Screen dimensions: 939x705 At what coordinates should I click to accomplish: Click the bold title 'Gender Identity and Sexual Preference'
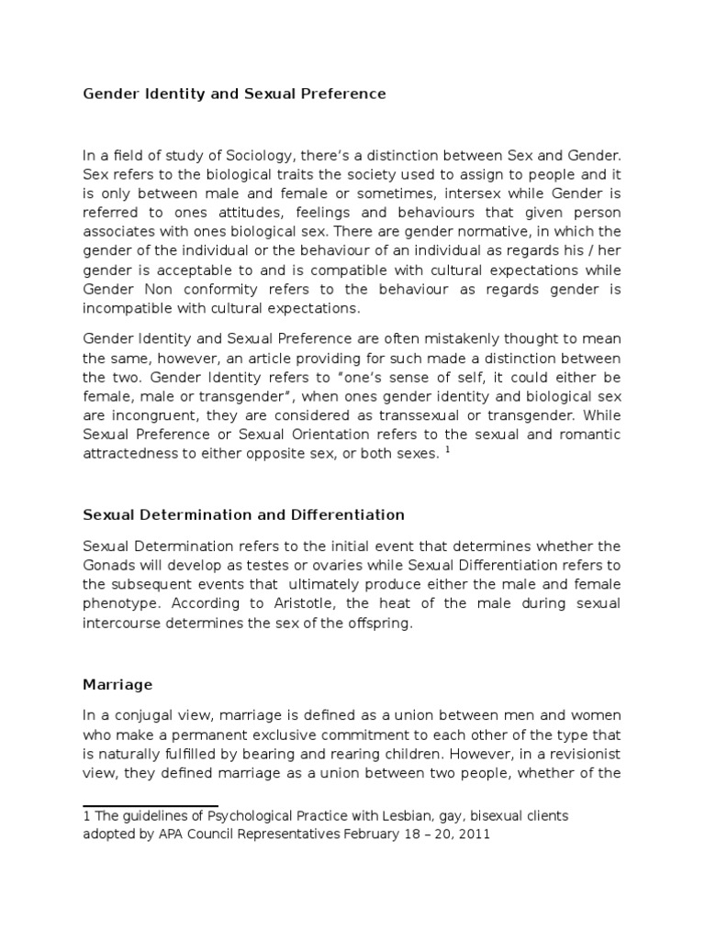click(234, 94)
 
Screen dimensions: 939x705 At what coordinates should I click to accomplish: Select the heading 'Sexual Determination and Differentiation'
click(243, 514)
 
